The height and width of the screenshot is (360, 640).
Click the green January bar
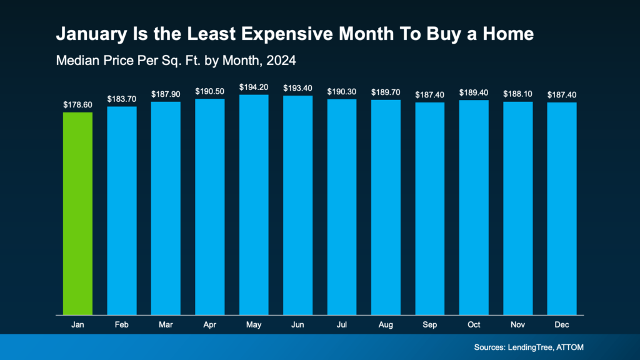(x=77, y=212)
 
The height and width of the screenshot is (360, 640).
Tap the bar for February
(x=122, y=210)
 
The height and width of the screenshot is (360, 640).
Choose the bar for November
(x=517, y=207)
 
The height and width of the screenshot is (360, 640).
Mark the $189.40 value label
(x=474, y=92)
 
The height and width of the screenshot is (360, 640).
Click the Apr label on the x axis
(x=209, y=324)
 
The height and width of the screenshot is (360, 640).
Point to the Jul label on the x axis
(x=341, y=324)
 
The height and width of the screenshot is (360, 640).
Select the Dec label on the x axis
(x=562, y=324)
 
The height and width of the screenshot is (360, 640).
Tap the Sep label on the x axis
(x=429, y=324)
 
